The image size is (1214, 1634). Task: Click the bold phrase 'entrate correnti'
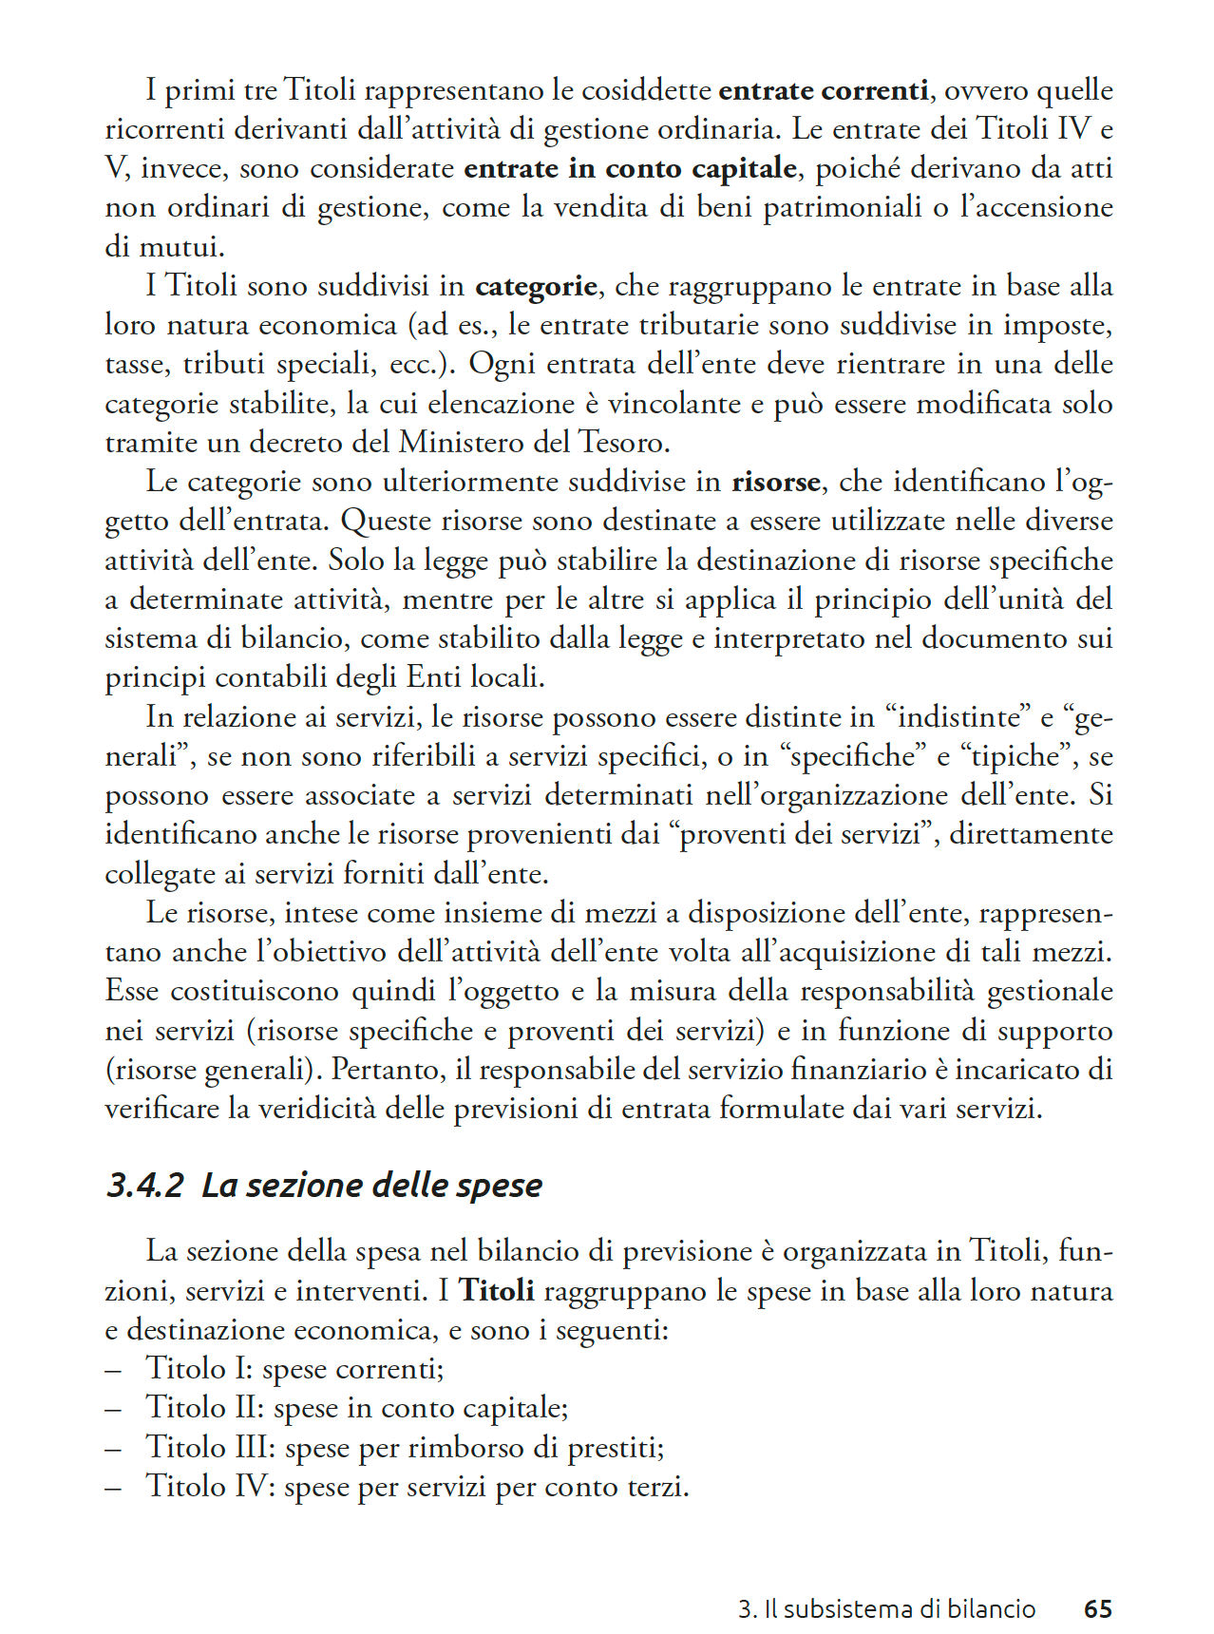click(823, 90)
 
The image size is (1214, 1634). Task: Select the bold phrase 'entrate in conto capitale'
click(630, 168)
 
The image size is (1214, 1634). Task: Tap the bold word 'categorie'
click(536, 286)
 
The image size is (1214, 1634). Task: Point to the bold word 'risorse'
click(775, 482)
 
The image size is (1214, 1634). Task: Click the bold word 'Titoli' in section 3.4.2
click(496, 1290)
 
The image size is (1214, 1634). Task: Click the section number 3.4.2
click(144, 1185)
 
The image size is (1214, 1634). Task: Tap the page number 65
click(1097, 1608)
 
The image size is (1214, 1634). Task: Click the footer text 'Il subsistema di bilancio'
click(899, 1608)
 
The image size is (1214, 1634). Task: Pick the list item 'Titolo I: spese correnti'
click(294, 1368)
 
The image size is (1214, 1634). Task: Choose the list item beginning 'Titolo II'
click(356, 1407)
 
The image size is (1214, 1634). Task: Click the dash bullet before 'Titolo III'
click(113, 1448)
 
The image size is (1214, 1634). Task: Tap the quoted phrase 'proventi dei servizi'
click(801, 835)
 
